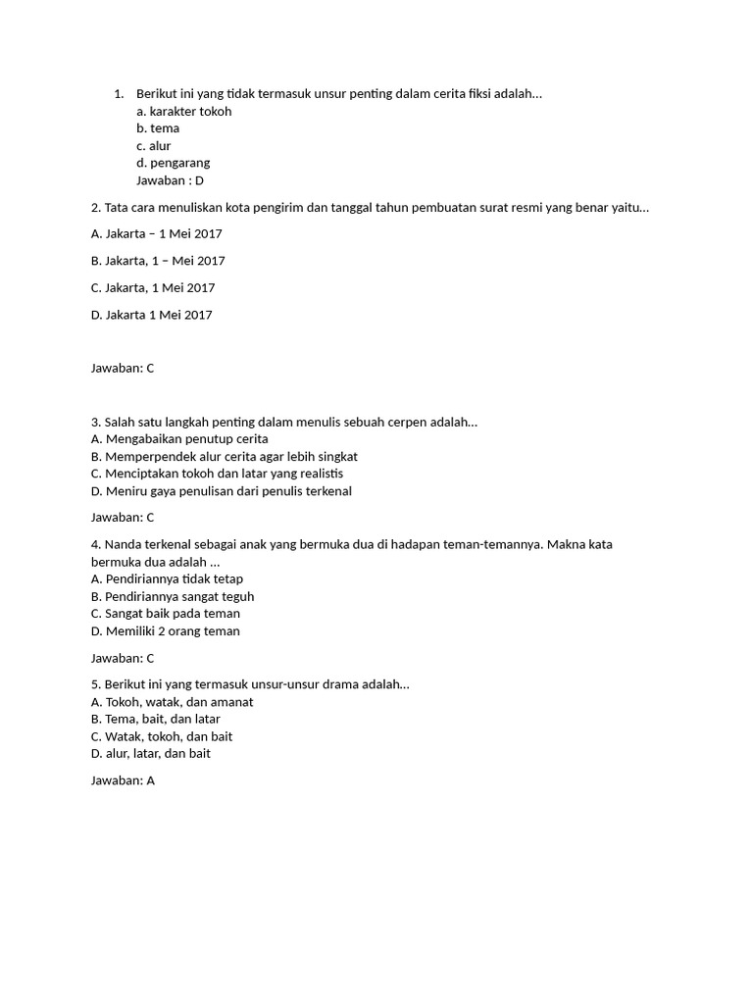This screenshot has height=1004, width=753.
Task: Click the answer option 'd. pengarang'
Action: coord(174,163)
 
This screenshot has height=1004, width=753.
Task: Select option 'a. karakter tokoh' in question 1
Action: coord(184,111)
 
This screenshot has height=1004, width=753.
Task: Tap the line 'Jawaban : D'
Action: coord(170,180)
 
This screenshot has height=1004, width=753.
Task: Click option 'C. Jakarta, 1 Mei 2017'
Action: coord(153,287)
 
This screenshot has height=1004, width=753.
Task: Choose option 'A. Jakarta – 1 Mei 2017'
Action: coord(156,233)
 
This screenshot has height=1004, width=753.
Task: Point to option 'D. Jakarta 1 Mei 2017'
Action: coord(151,315)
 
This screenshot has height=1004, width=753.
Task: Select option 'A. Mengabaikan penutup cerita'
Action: coord(179,439)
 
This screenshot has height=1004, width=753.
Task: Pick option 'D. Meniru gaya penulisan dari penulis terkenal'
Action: coord(221,491)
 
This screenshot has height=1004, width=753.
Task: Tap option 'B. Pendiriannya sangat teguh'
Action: coord(173,596)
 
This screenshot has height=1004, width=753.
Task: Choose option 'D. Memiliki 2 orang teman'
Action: coord(165,631)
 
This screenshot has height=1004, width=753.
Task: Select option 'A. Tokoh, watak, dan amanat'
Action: coord(172,702)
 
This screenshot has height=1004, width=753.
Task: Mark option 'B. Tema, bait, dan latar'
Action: coord(155,719)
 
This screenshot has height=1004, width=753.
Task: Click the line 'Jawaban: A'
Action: coord(123,781)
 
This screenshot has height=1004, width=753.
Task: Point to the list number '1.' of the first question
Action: coord(119,94)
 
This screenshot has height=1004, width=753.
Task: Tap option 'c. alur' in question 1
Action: coord(154,146)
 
